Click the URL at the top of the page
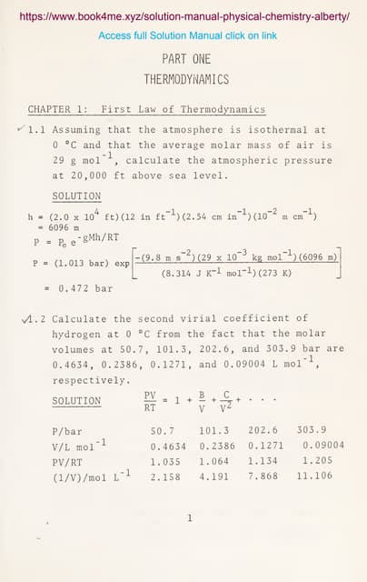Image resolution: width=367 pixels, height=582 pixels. pos(183,16)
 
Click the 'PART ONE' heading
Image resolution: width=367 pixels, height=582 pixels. pos(186,59)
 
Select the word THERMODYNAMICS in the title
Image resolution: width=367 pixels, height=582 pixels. pos(186,79)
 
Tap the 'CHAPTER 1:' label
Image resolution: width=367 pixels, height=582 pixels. pos(58,109)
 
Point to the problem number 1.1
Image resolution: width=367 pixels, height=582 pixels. pos(36,130)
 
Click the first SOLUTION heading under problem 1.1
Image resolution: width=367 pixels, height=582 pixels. pos(77,196)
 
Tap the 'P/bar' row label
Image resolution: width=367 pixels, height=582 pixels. pos(67,430)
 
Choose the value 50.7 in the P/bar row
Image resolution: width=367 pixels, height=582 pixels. pos(162,430)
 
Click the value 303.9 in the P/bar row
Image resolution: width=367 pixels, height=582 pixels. pos(312,430)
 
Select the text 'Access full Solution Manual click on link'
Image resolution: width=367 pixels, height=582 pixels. pos(187,35)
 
